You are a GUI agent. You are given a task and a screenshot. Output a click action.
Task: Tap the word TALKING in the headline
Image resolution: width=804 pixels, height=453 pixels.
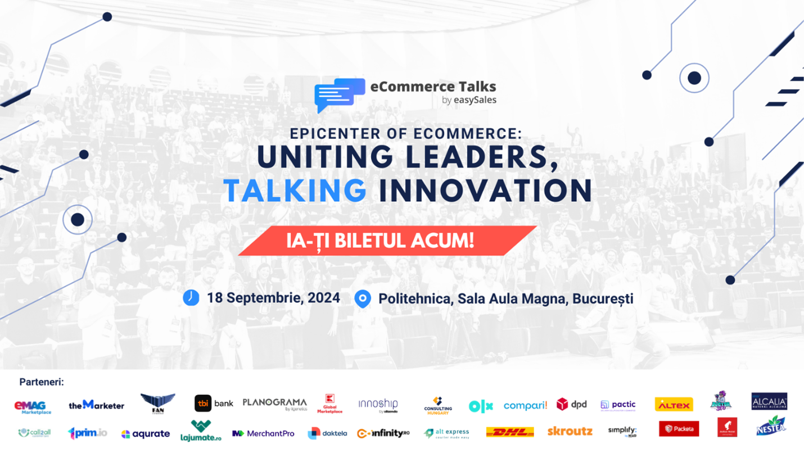click(295, 191)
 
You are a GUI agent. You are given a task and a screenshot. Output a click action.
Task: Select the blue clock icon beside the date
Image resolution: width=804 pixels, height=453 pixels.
click(191, 297)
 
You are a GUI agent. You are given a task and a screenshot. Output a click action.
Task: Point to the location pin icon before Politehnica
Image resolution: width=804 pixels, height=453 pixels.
click(363, 298)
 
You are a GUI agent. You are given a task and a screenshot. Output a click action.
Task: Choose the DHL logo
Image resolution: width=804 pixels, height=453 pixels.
click(509, 432)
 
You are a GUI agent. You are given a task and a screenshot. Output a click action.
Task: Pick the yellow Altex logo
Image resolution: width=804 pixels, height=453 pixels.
click(674, 405)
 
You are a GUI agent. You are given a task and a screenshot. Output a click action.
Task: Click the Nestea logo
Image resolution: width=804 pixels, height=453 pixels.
click(771, 426)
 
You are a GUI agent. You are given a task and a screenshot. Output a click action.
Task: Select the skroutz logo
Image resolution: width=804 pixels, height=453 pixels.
click(570, 432)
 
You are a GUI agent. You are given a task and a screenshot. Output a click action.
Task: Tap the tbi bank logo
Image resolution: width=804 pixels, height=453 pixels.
click(214, 404)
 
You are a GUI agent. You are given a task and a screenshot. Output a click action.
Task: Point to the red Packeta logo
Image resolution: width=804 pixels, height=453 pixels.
click(679, 429)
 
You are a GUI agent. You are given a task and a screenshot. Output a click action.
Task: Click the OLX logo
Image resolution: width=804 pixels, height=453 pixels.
click(481, 406)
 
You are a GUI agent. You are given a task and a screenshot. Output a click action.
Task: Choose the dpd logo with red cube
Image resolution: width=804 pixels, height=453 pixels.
click(571, 404)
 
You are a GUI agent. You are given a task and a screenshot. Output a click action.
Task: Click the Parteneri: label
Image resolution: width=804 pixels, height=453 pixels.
click(42, 382)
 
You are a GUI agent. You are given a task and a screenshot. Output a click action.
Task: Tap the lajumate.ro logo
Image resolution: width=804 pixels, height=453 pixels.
click(201, 431)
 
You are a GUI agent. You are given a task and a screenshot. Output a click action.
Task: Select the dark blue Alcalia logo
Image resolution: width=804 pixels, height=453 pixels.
click(769, 401)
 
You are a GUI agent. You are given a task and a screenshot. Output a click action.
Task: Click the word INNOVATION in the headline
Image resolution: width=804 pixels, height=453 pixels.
click(485, 191)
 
